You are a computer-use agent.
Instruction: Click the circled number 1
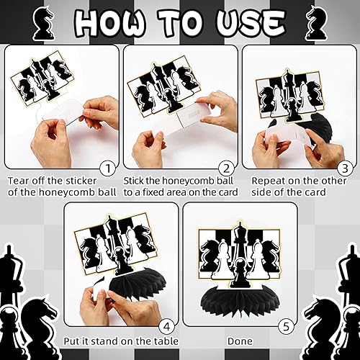click(x=108, y=168)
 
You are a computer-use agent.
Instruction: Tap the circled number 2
click(x=227, y=168)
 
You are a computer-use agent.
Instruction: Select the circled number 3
click(x=345, y=168)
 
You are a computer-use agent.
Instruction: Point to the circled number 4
click(x=167, y=327)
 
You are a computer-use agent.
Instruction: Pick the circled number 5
click(x=286, y=327)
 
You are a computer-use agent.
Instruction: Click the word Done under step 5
click(x=240, y=341)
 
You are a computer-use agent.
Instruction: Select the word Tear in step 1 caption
click(x=19, y=181)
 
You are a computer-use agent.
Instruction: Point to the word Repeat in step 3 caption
click(x=269, y=181)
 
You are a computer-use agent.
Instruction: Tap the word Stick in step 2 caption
click(x=133, y=181)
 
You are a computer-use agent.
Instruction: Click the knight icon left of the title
click(x=43, y=23)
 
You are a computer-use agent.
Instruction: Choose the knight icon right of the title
click(x=316, y=23)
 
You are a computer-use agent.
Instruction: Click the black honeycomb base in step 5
click(x=240, y=301)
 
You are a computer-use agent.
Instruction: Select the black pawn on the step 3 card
click(x=292, y=110)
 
